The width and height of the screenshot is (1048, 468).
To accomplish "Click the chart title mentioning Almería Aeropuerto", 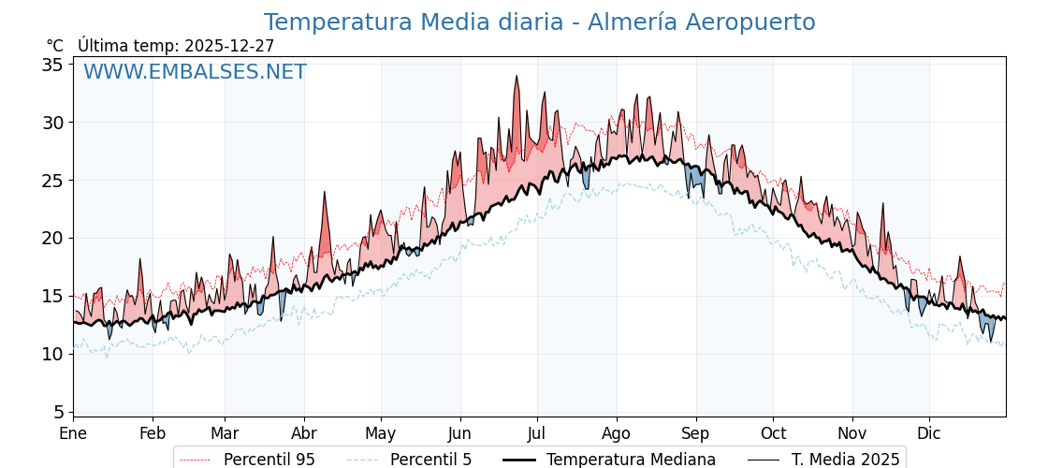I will point(539,22).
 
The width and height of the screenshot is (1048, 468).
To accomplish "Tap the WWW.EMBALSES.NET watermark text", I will point(195,72).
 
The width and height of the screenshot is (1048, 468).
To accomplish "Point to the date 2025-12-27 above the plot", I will point(229,46).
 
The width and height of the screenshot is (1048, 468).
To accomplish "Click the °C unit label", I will point(54,46).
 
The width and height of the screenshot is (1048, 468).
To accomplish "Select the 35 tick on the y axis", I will point(52,65).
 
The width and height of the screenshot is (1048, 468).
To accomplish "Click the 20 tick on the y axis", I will point(52,238).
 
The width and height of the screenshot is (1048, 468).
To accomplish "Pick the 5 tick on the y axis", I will point(58,412).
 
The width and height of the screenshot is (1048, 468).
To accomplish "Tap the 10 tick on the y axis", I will point(52,354).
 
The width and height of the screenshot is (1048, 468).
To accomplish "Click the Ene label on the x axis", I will point(73,433).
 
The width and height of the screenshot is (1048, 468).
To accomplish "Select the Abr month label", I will point(304,433).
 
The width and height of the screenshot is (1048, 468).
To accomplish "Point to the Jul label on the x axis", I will point(537,433).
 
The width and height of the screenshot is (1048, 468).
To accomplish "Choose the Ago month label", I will point(616,433).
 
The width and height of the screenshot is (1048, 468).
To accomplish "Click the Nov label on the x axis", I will point(852,433).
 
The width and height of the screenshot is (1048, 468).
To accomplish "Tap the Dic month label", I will point(929,433).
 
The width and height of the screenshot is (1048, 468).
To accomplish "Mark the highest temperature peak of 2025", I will point(517,77).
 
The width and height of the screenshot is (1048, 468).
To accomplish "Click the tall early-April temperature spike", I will point(325,193).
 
